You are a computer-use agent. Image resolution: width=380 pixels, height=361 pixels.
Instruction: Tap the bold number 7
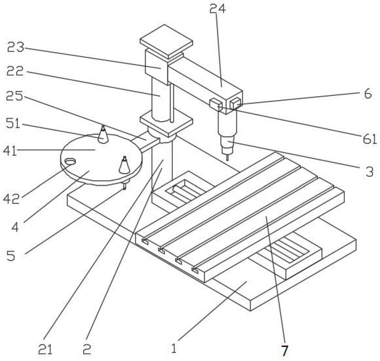pyautogui.click(x=284, y=351)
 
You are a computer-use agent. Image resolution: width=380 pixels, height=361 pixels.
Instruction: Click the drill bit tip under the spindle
pyautogui.click(x=227, y=157)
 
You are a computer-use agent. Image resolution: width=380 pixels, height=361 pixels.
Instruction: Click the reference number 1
pyautogui.click(x=173, y=349)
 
